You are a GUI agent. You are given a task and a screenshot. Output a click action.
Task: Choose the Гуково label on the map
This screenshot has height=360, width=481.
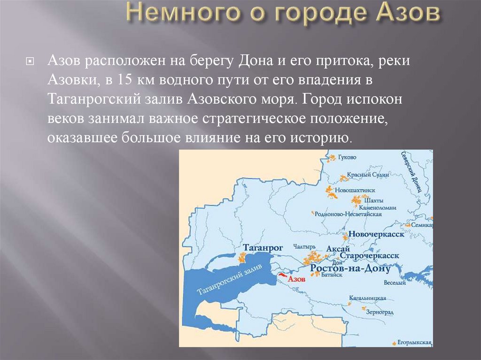(347, 157)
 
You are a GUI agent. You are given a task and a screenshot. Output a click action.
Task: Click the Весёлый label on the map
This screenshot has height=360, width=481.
(395, 283)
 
